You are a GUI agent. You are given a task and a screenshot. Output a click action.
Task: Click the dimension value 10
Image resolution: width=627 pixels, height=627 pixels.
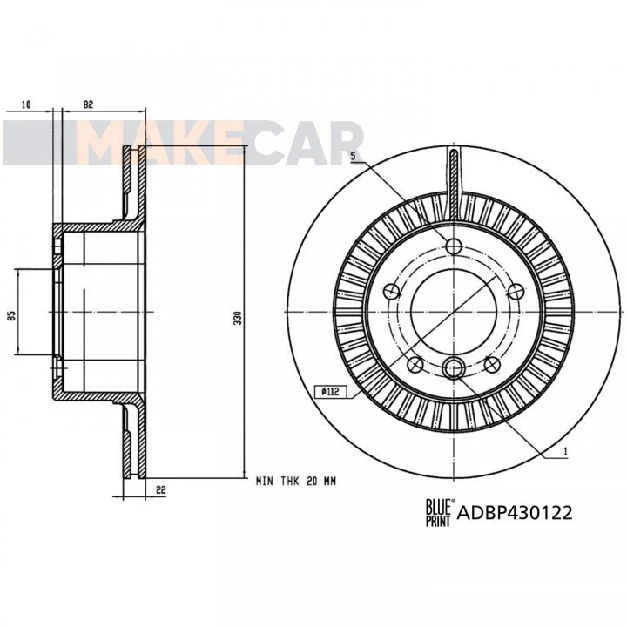[26, 104]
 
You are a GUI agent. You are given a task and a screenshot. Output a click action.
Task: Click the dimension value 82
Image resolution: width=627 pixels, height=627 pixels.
[88, 104]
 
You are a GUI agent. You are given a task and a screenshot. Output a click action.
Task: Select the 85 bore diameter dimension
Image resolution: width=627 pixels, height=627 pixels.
[12, 315]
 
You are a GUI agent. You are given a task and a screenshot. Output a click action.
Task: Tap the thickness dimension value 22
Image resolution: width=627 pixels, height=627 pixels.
[161, 489]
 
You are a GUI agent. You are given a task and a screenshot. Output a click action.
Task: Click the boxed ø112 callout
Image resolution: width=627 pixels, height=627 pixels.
[330, 392]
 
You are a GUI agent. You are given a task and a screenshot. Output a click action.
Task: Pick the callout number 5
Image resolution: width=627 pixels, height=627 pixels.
[353, 157]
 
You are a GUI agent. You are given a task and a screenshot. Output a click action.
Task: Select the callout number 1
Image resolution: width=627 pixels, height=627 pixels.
[565, 452]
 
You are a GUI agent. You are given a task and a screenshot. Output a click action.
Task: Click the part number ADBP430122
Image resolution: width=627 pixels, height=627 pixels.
[515, 513]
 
